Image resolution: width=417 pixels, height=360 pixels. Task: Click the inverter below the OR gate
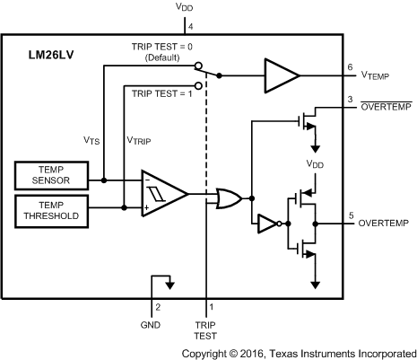tap(267, 224)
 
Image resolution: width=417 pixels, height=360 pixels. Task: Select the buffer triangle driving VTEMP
tap(281, 75)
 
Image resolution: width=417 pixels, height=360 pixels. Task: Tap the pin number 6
tap(350, 67)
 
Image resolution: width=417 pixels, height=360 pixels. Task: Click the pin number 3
tap(350, 98)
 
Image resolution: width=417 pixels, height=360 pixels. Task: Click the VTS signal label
tap(93, 141)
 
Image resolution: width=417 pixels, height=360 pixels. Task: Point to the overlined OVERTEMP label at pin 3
tap(385, 108)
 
